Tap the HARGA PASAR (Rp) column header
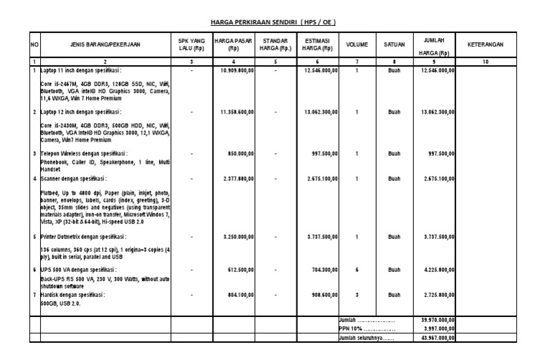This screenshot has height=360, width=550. pyautogui.click(x=233, y=44)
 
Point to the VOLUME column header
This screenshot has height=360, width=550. pyautogui.click(x=357, y=44)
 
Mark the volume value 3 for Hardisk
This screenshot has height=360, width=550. pyautogui.click(x=357, y=294)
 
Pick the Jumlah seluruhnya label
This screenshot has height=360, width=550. pyautogui.click(x=366, y=338)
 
